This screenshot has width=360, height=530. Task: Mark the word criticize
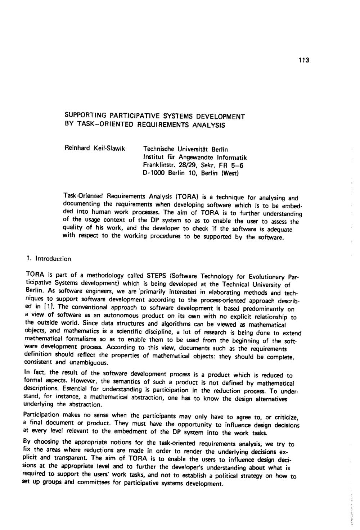285,418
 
